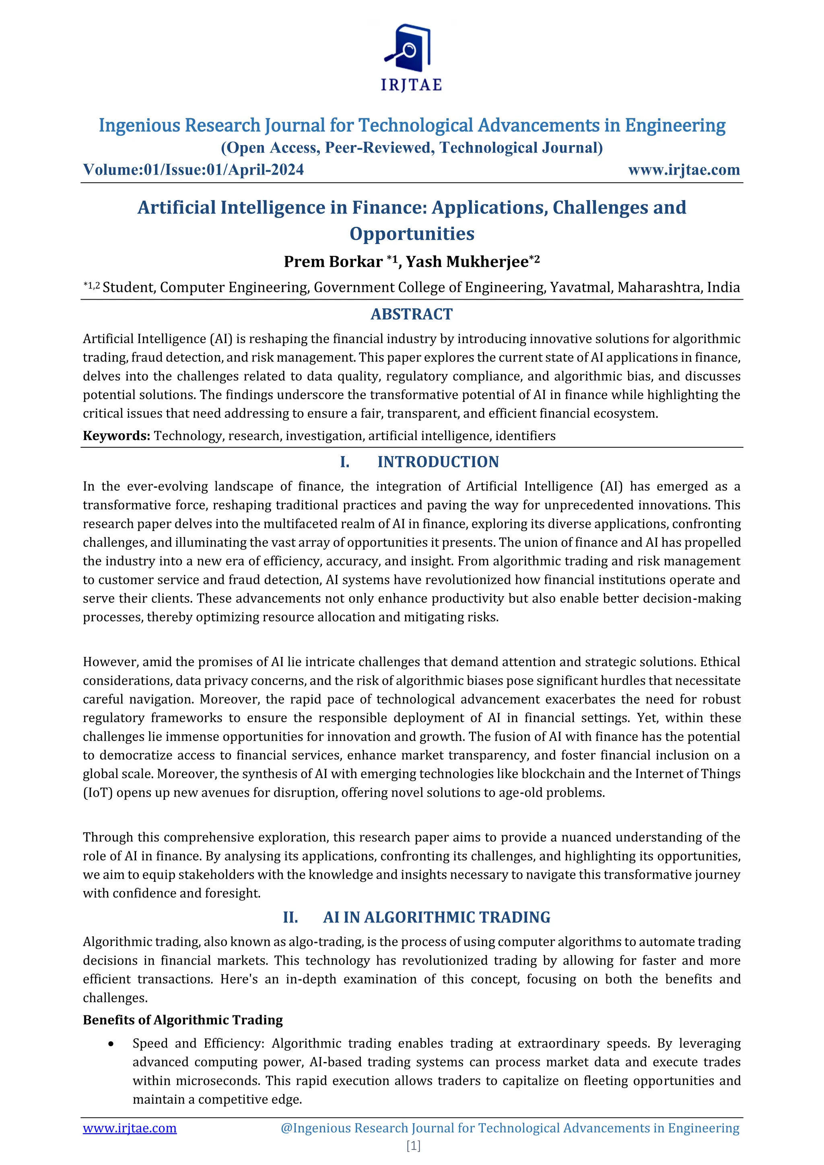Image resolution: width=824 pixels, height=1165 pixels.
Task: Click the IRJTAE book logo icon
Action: pyautogui.click(x=410, y=48)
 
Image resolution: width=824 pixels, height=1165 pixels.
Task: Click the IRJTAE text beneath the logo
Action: pyautogui.click(x=412, y=85)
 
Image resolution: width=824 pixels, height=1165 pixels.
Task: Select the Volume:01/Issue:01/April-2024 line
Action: pyautogui.click(x=193, y=169)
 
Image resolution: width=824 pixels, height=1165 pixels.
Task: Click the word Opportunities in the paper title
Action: pyautogui.click(x=412, y=234)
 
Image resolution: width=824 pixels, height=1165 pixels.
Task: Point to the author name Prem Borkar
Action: pyautogui.click(x=332, y=262)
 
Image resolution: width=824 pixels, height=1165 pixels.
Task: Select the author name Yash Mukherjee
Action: pyautogui.click(x=467, y=262)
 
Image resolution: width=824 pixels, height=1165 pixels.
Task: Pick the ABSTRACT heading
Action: pyautogui.click(x=412, y=315)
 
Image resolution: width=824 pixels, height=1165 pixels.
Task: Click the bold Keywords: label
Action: pyautogui.click(x=116, y=436)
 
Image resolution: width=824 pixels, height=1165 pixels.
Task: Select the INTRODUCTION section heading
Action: pyautogui.click(x=438, y=462)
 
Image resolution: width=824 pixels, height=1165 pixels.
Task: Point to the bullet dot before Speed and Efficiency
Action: pyautogui.click(x=111, y=1044)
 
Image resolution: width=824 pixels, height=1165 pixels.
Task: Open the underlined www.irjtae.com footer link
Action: pyautogui.click(x=130, y=1128)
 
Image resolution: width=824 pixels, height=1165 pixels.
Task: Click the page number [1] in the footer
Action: pyautogui.click(x=413, y=1145)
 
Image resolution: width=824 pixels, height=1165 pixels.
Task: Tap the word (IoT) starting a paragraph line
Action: pyautogui.click(x=97, y=792)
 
